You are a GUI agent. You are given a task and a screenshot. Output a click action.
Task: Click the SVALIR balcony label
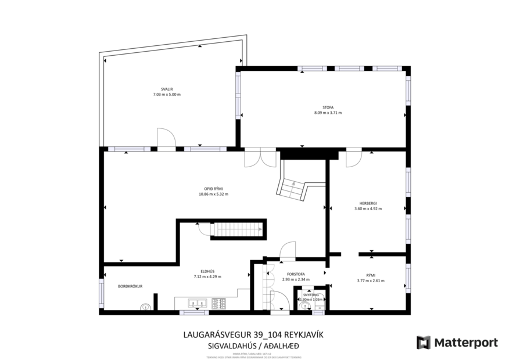click(x=167, y=89)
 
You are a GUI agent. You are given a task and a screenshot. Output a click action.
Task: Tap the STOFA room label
click(x=328, y=107)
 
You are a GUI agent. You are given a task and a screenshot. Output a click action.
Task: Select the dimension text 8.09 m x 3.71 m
click(x=328, y=113)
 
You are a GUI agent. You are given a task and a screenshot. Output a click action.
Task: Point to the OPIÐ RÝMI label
click(x=213, y=189)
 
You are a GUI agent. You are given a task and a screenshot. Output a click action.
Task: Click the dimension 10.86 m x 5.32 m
click(x=213, y=195)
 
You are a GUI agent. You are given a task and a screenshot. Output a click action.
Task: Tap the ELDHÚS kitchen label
click(x=207, y=271)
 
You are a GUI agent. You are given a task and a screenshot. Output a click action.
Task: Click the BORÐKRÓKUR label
click(x=130, y=286)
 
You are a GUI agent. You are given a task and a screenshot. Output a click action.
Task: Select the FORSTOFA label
click(x=296, y=274)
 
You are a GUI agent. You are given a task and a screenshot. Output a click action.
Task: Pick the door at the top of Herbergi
click(x=353, y=159)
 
